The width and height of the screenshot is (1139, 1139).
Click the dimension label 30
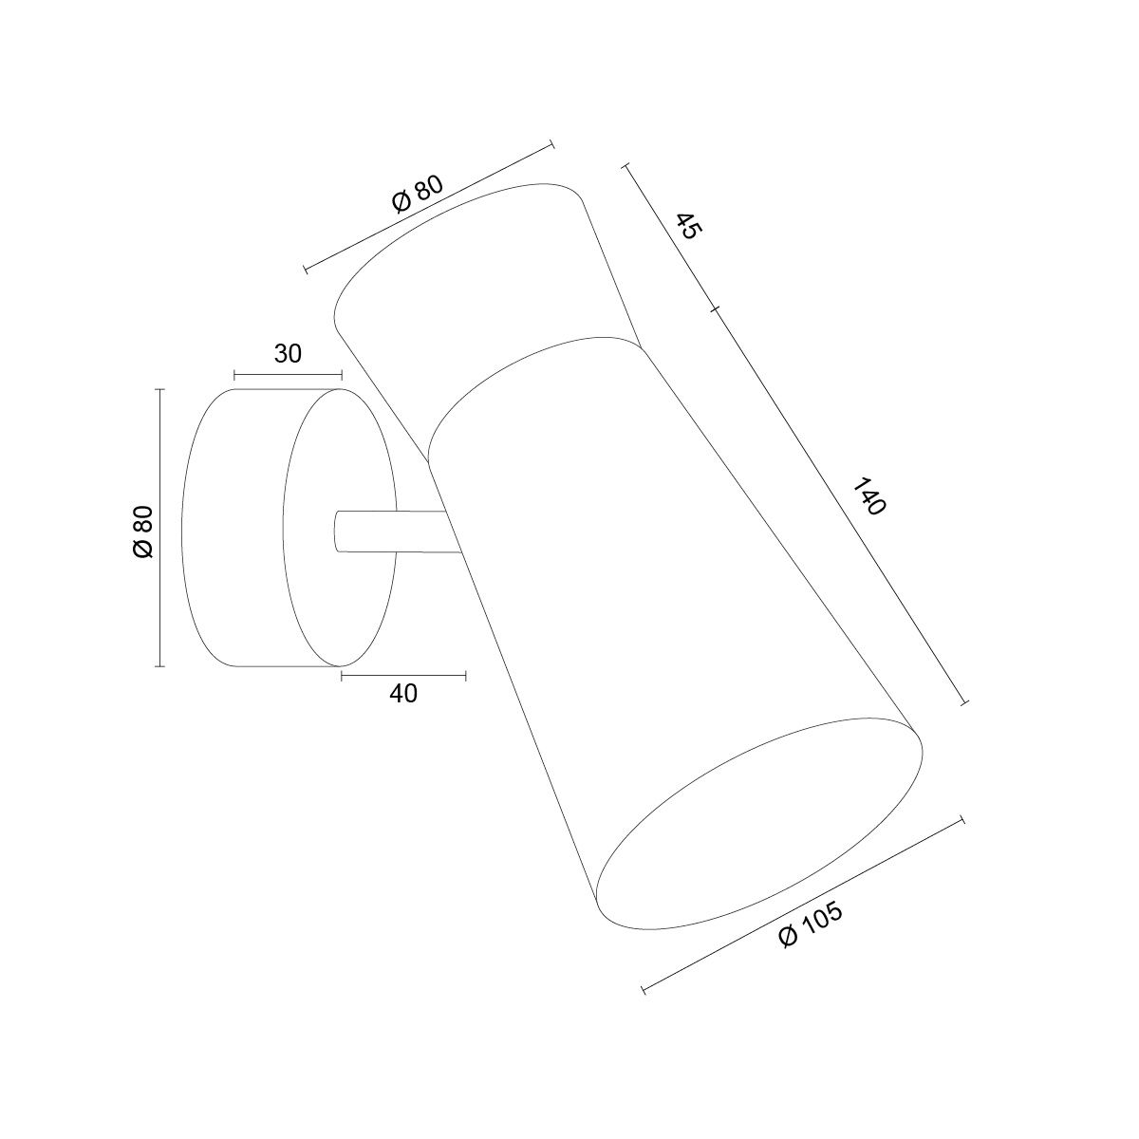click(288, 353)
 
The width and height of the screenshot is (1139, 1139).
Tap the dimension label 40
click(403, 693)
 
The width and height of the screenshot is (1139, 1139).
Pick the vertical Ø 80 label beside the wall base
click(143, 531)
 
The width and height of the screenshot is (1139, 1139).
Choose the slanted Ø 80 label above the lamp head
click(417, 194)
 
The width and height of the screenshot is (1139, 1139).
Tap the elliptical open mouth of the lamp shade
click(759, 823)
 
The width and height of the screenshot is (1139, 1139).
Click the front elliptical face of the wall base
click(340, 527)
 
